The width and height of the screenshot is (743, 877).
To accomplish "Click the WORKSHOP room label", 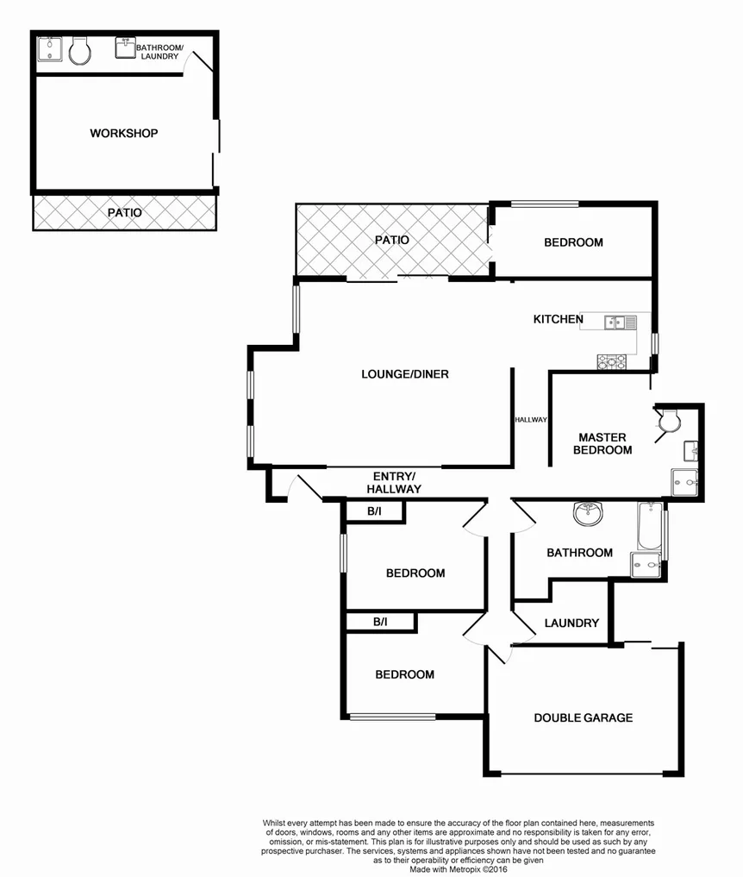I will [124, 134].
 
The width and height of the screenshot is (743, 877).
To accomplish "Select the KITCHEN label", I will [558, 319].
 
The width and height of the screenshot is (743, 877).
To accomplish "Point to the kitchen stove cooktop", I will [611, 362].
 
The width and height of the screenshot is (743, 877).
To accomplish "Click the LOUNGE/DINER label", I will [405, 374].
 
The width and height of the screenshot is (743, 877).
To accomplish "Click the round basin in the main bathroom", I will [589, 514].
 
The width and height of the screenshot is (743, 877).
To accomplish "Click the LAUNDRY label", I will [572, 623].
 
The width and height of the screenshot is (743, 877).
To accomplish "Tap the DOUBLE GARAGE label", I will [583, 717].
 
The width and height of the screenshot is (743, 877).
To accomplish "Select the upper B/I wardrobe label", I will [374, 512].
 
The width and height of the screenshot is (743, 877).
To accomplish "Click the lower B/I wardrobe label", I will [380, 621].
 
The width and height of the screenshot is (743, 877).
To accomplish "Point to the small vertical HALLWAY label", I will [531, 420].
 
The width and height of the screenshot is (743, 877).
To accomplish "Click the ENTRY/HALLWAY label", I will [396, 483].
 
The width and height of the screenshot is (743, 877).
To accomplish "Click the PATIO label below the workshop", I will [124, 212].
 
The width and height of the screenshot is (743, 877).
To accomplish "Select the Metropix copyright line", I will [458, 868].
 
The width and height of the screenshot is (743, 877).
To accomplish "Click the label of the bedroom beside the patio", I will [573, 242].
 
